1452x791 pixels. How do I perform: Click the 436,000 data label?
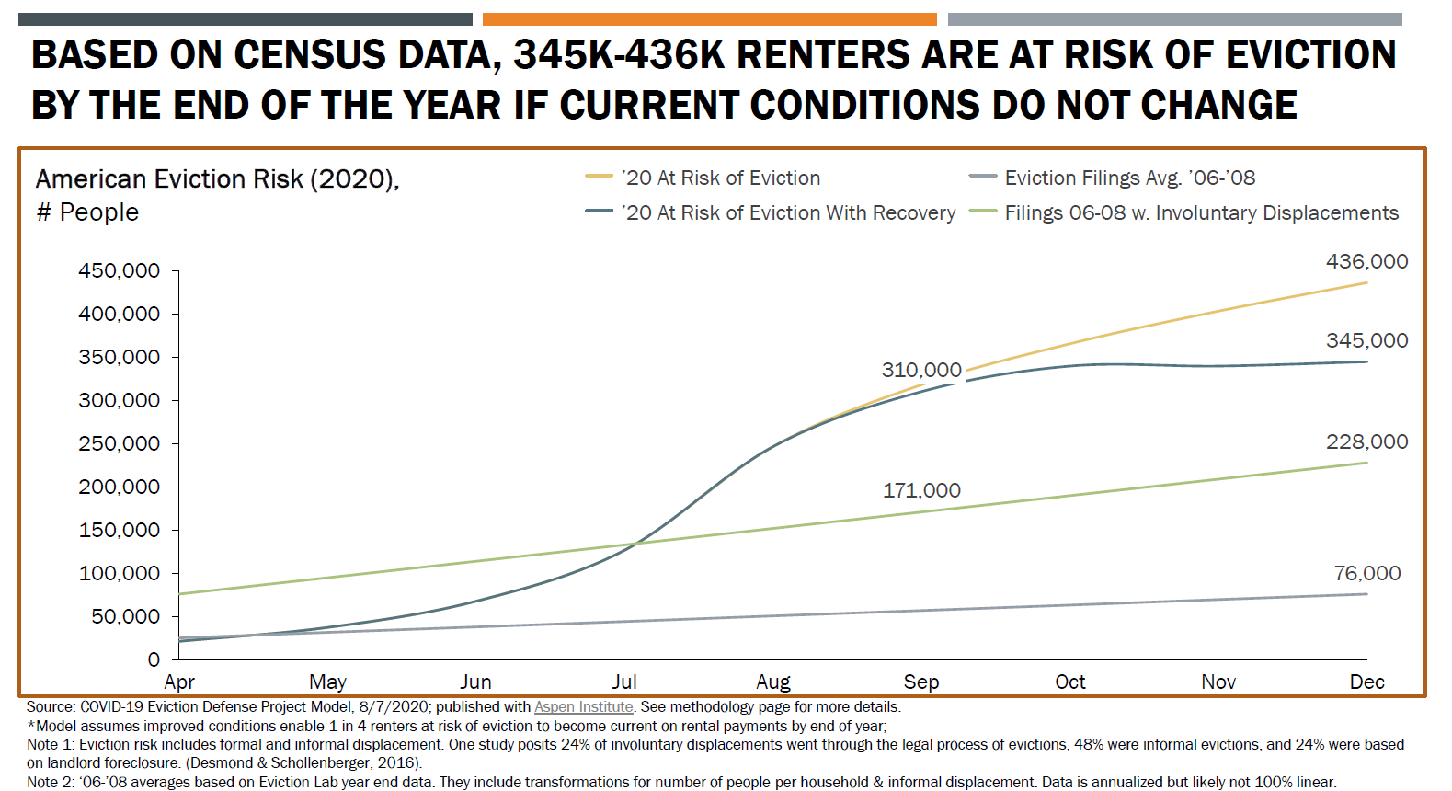(x=1366, y=261)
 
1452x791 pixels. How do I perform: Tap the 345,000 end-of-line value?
(x=1366, y=340)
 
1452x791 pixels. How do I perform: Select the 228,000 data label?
(x=1366, y=441)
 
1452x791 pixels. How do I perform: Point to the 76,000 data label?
(x=1367, y=573)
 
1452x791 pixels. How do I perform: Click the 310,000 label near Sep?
(x=921, y=370)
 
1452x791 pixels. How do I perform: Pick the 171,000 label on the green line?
(x=921, y=490)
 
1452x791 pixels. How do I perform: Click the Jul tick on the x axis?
(x=624, y=682)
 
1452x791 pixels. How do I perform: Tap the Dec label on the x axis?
(x=1366, y=682)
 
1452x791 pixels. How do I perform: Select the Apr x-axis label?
(x=179, y=682)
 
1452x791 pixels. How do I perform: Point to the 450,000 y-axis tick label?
(x=119, y=270)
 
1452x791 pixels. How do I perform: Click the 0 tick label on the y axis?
(x=154, y=659)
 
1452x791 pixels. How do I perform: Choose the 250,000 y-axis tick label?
(x=119, y=443)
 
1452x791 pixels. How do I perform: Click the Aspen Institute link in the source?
(x=583, y=706)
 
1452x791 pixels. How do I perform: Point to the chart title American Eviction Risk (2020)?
(x=217, y=178)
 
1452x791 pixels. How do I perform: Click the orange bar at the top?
(x=709, y=18)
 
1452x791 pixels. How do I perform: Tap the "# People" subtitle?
(x=88, y=212)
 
